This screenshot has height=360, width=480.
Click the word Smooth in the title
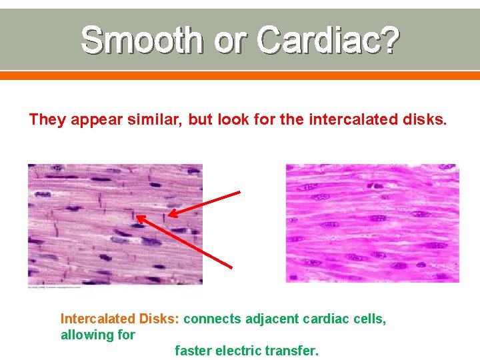[141, 41]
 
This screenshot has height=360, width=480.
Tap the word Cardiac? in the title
[327, 41]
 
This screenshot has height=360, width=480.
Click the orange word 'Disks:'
[158, 319]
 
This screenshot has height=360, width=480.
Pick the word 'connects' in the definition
[212, 319]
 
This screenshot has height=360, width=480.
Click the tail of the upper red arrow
[239, 193]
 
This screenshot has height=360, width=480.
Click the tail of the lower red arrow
[231, 267]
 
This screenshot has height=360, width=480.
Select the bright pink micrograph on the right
[373, 223]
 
